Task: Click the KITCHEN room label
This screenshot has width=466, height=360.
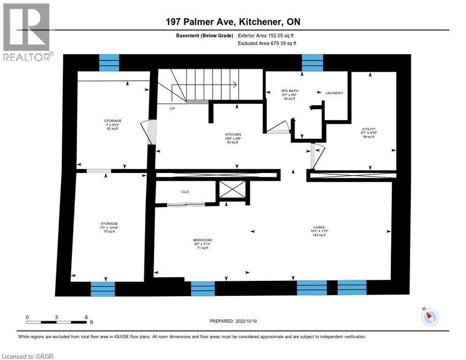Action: (233, 134)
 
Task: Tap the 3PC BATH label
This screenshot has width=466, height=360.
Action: (290, 90)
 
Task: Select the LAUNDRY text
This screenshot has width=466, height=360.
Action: (334, 93)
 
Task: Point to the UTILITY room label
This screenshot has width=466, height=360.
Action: (368, 129)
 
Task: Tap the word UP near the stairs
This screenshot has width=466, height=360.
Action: (173, 108)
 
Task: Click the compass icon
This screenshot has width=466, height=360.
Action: (428, 317)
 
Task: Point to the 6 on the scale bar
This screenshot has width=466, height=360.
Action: (86, 317)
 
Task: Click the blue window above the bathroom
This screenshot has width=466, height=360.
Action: (312, 62)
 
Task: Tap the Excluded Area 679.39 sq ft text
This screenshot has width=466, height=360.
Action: (268, 43)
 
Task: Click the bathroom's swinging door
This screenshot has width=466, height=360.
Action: (279, 127)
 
